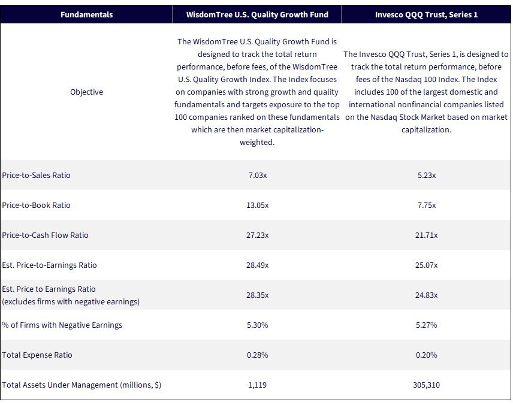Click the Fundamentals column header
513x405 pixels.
86,15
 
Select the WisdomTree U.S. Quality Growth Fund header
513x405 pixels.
257,15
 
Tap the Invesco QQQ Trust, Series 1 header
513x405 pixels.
426,15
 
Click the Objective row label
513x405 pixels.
86,92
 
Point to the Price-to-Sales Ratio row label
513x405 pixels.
36,176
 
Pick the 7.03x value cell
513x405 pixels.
258,176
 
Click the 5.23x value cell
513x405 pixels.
426,176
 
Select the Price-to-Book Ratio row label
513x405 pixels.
36,205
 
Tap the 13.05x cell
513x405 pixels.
258,205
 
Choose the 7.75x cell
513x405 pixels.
426,205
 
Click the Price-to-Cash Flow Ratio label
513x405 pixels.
45,235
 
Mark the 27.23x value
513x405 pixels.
258,235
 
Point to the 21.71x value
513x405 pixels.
426,235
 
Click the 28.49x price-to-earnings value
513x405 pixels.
258,265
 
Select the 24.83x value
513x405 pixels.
426,295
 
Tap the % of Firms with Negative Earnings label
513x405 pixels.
62,325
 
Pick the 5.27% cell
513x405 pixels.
426,325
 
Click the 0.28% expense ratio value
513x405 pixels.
258,355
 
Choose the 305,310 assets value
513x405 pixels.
426,385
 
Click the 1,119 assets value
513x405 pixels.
258,385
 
